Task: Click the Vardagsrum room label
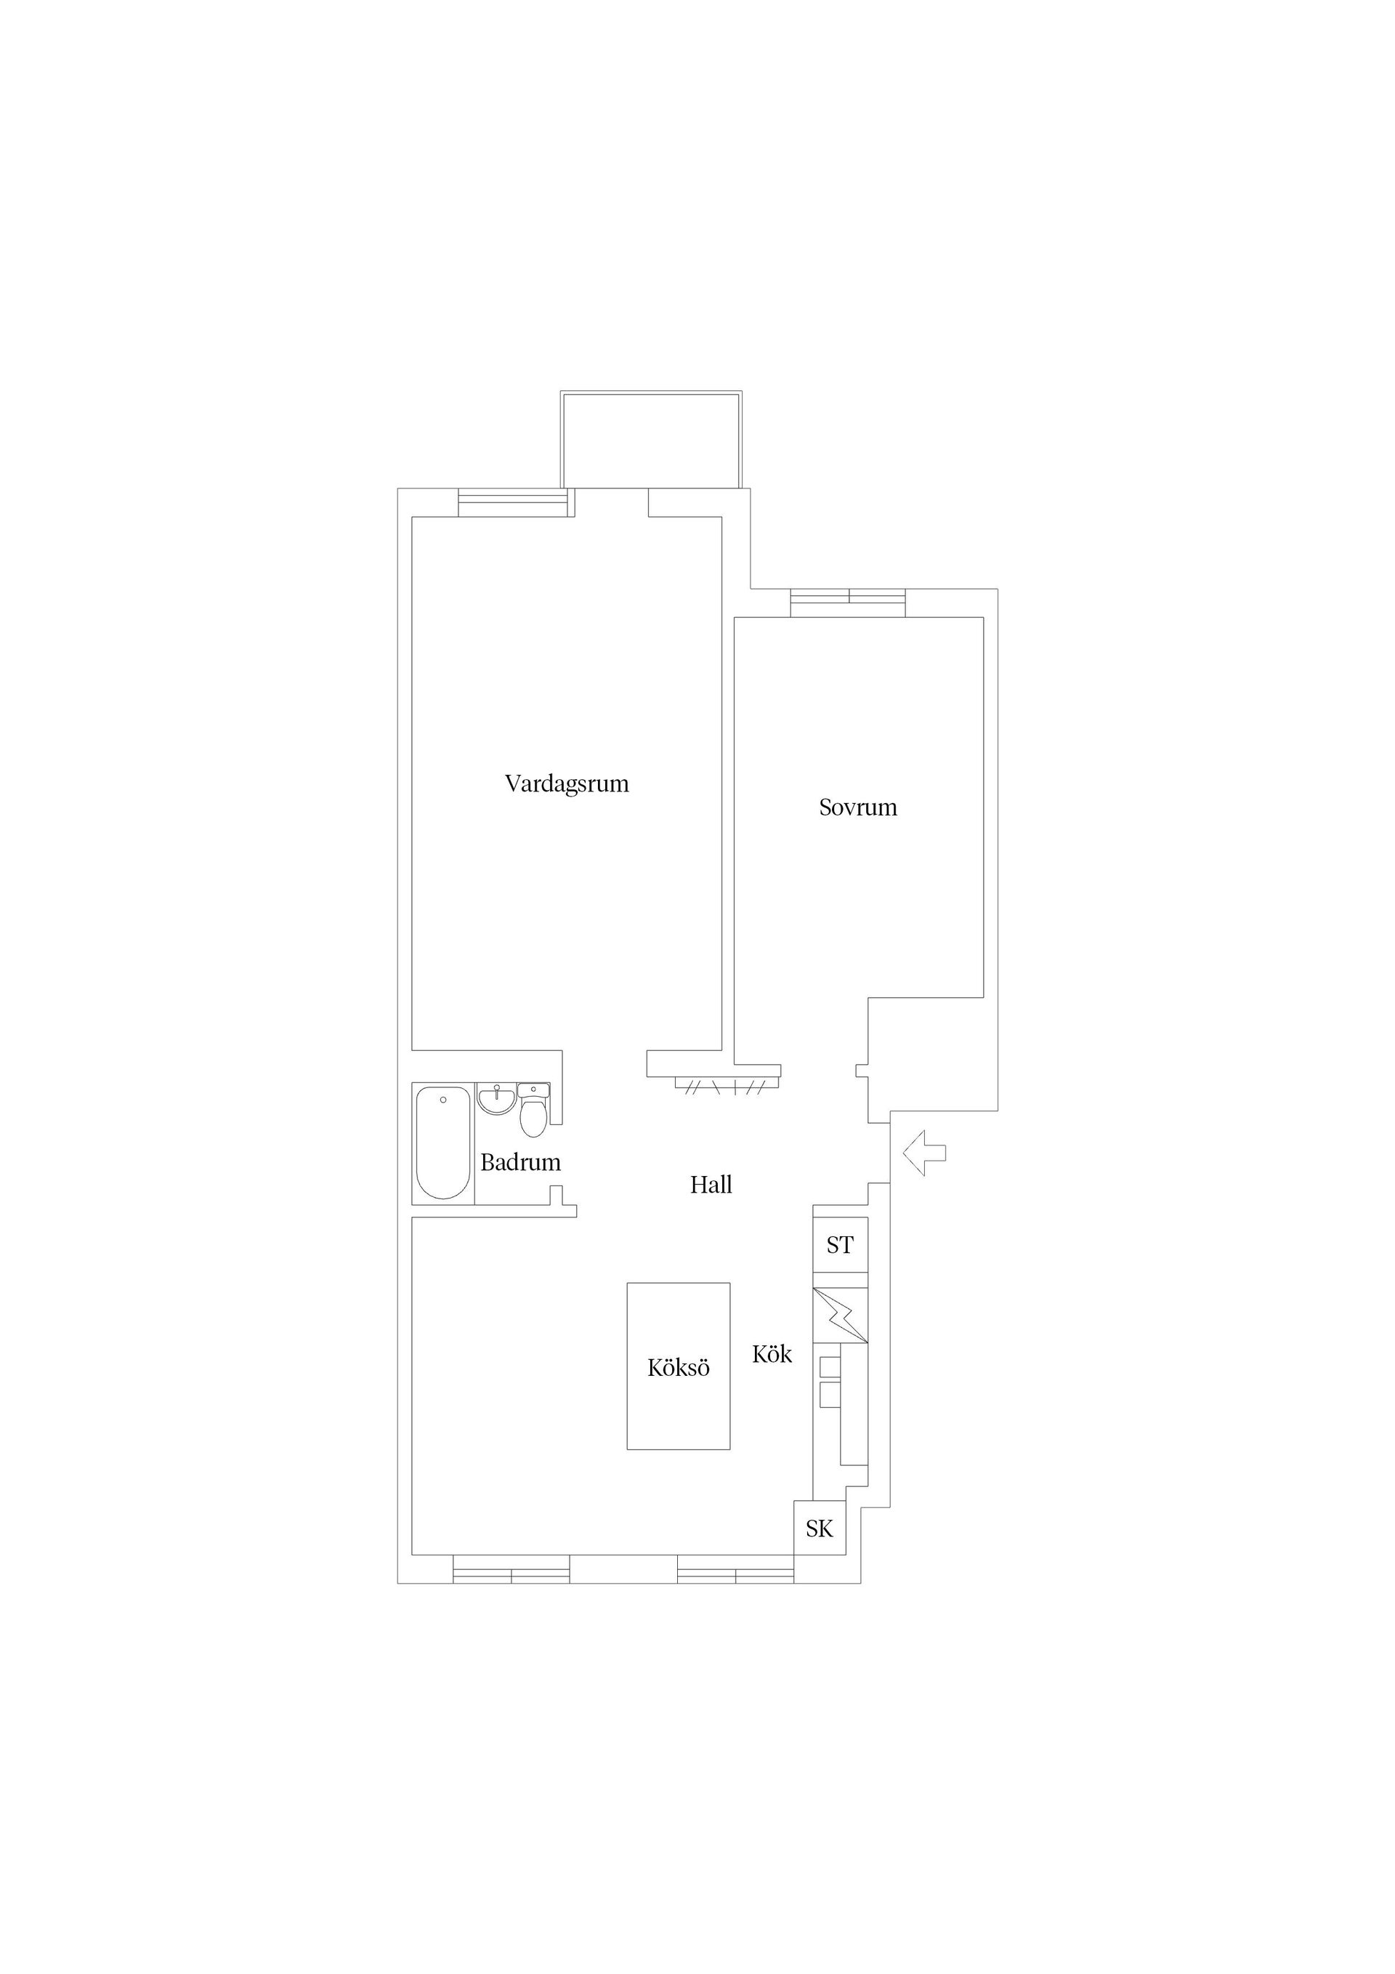coord(567,784)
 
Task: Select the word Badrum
coord(520,1162)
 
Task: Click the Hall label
coord(711,1185)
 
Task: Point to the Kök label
coord(771,1354)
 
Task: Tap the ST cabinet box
coord(840,1245)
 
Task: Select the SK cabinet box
coord(819,1528)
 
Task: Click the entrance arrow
coord(924,1153)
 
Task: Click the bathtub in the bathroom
coord(442,1143)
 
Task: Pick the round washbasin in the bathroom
coord(496,1099)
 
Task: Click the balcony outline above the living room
coord(651,439)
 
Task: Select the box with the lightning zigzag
coord(840,1315)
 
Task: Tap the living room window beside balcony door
coord(513,502)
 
